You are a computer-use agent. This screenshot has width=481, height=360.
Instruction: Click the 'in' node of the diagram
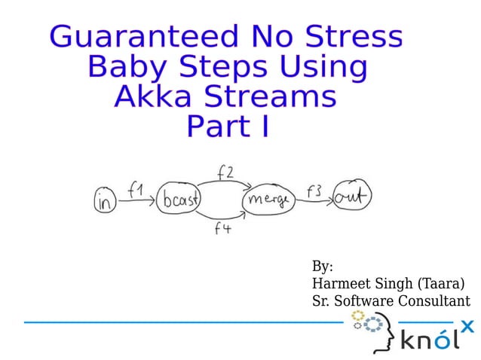106,201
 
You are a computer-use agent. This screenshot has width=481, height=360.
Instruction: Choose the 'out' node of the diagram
351,198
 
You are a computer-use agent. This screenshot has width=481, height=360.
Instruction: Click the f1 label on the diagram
136,191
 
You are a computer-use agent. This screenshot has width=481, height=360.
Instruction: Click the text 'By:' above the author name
323,267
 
